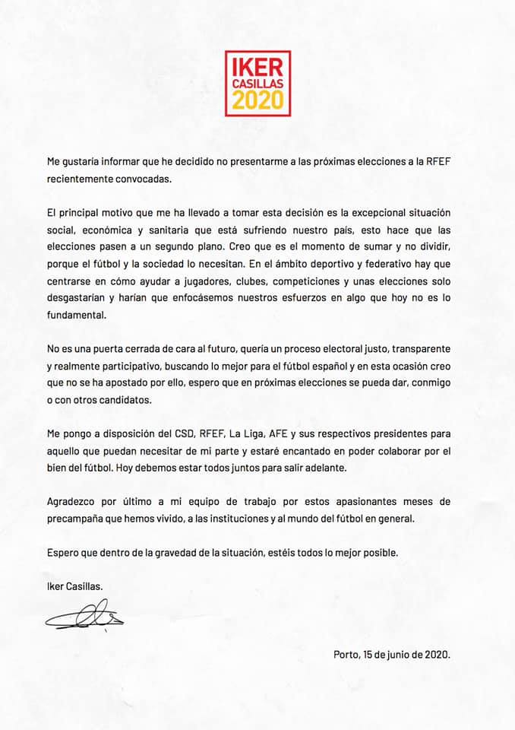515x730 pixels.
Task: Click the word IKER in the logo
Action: click(257, 65)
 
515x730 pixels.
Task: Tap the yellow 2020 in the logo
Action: click(257, 100)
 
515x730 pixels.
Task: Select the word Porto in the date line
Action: click(348, 654)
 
